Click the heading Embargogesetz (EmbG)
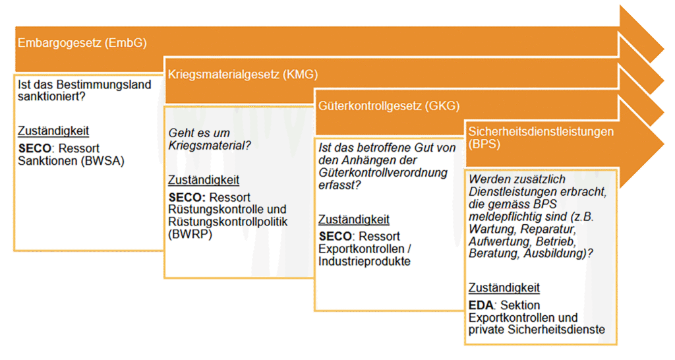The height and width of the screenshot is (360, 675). tap(82, 43)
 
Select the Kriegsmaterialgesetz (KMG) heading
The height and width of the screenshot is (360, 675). tap(243, 75)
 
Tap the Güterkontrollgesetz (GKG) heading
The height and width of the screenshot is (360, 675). tap(389, 106)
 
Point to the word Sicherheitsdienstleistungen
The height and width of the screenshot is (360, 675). tap(541, 131)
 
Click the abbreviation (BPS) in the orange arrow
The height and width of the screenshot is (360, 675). tap(484, 144)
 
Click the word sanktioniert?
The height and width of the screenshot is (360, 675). tap(51, 96)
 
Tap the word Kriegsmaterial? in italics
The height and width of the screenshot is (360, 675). tap(210, 146)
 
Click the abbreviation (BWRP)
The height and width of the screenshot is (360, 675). tap(190, 234)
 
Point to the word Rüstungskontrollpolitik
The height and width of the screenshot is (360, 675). tap(227, 222)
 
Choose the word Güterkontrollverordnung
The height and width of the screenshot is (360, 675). tap(383, 173)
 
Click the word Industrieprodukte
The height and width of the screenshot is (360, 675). tap(365, 261)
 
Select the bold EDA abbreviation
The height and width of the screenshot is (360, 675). tap(481, 305)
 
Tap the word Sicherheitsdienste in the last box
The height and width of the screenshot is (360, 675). tap(556, 330)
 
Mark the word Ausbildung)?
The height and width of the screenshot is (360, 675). tap(558, 254)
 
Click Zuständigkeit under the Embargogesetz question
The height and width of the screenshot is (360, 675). tap(53, 131)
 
